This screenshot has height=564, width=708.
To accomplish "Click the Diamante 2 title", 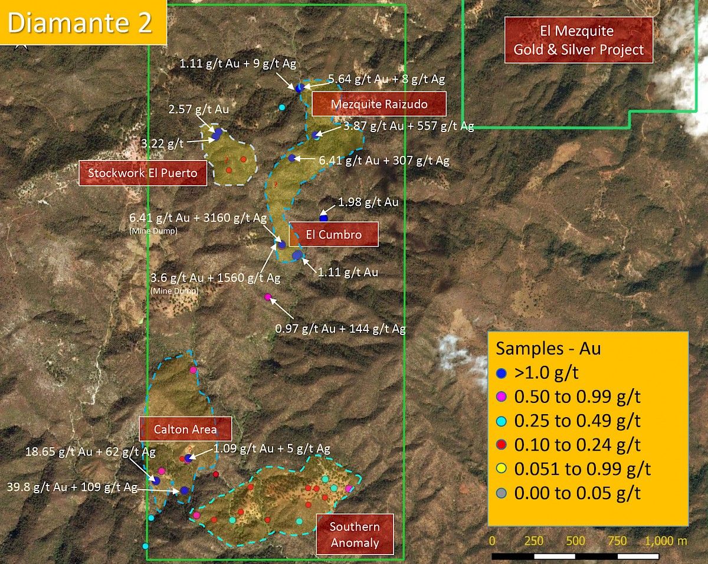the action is (x=81, y=22).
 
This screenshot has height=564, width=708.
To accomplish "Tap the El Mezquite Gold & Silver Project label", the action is (x=579, y=40).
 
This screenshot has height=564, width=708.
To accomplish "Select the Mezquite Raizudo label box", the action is (x=379, y=104).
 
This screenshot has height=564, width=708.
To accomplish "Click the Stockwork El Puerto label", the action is (x=143, y=173).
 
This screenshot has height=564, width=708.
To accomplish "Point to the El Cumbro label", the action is (x=333, y=234).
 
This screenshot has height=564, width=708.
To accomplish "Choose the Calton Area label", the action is (x=185, y=429).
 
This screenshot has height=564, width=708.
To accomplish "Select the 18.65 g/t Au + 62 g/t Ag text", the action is (x=91, y=452).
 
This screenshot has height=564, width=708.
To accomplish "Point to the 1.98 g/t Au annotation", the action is (x=368, y=202).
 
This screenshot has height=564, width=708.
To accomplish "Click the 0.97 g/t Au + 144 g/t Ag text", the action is (x=340, y=329).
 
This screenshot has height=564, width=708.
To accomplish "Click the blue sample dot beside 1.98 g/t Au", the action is (x=323, y=218).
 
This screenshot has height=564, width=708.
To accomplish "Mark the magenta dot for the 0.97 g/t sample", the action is (x=268, y=297).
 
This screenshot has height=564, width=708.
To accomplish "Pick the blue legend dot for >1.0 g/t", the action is (x=502, y=373).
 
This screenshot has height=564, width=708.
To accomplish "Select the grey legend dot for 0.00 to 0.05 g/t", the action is (x=502, y=493).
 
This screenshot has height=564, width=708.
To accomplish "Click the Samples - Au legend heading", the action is (x=548, y=348).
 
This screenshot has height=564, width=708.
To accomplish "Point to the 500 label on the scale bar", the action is (x=576, y=541).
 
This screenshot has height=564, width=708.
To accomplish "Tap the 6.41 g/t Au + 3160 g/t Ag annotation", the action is (x=198, y=217).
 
